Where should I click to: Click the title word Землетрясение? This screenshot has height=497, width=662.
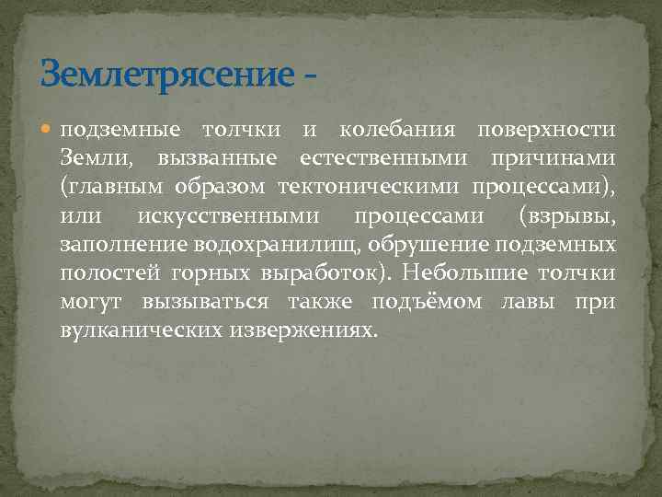[165, 73]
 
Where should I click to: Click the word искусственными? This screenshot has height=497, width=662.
[228, 216]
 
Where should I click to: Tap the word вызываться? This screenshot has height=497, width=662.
[205, 302]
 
